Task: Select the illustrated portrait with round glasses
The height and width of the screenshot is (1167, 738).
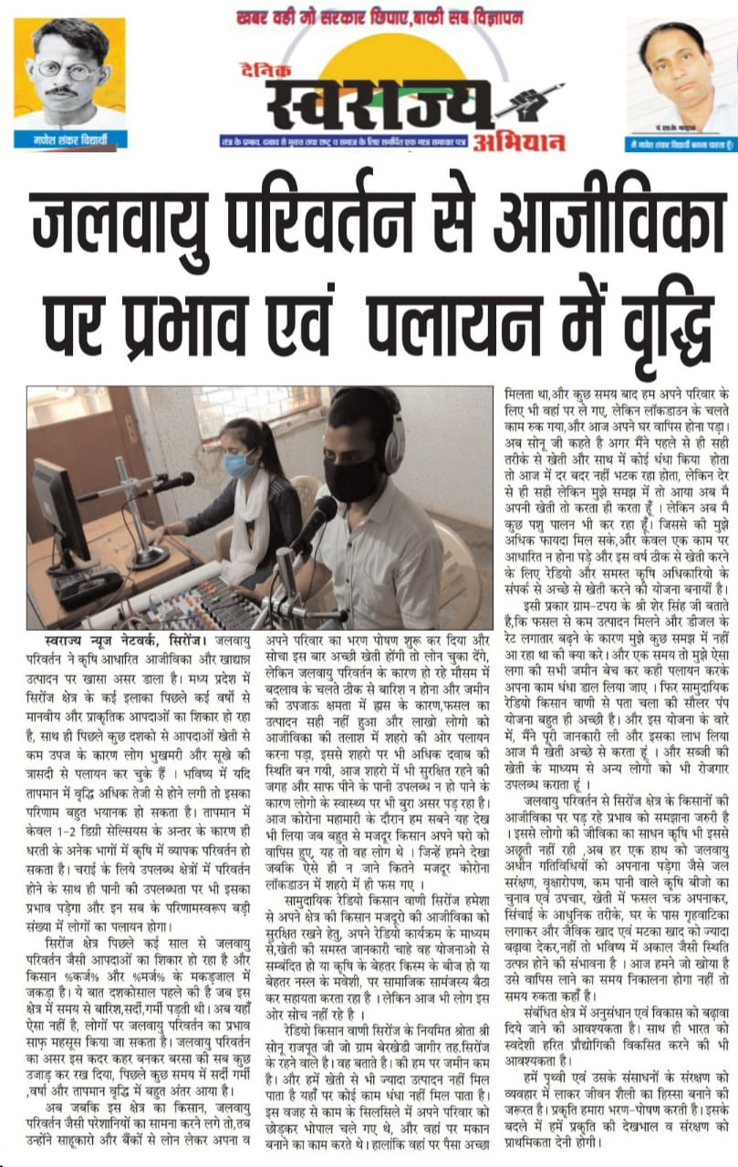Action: coord(68,73)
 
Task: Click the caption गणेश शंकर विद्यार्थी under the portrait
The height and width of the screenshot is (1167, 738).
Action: coord(68,141)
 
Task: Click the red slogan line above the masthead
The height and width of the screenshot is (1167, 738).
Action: coord(379,17)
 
